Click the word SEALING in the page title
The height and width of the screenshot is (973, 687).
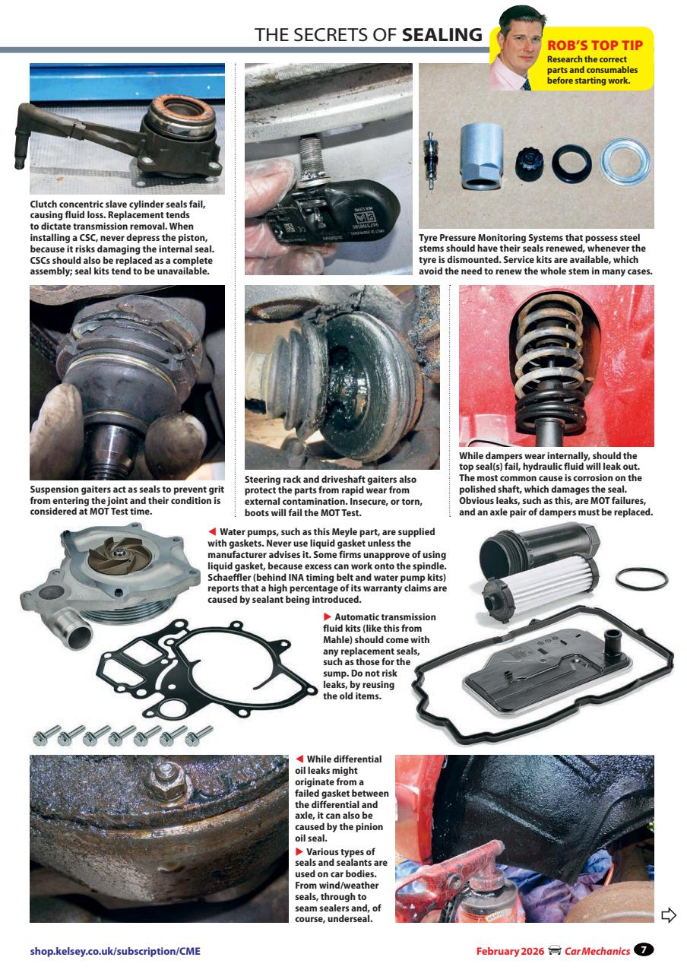point(442,34)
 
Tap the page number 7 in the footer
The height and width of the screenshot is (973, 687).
point(644,949)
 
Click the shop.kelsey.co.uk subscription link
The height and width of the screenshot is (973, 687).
point(115,950)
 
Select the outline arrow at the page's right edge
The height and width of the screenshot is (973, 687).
point(669,914)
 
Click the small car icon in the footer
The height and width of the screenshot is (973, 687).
point(555,950)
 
